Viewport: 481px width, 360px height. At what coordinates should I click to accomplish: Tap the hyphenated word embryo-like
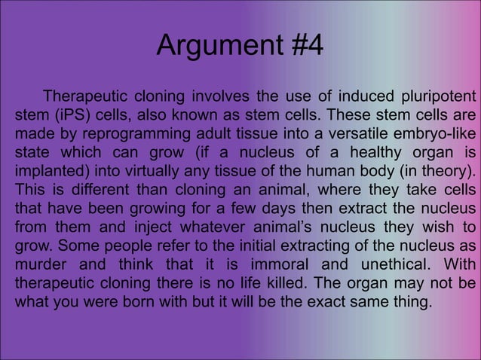(427, 136)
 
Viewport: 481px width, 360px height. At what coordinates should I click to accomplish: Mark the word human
(314, 172)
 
